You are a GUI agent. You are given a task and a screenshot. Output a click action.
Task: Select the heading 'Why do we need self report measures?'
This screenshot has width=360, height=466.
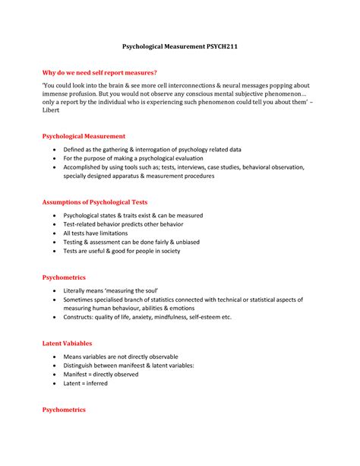coord(99,73)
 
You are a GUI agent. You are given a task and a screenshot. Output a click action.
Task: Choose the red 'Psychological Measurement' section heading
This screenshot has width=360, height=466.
coord(83,137)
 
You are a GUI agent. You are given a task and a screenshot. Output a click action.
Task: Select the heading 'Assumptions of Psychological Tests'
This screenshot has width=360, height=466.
coord(94,202)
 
